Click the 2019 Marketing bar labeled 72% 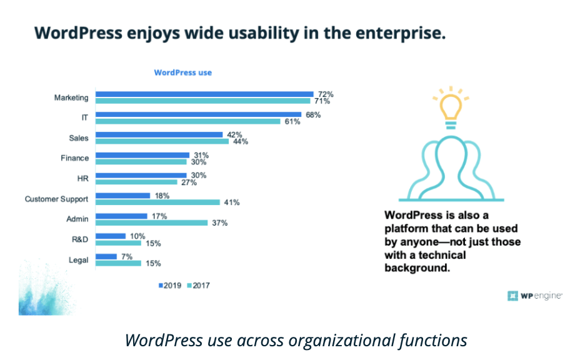(203, 94)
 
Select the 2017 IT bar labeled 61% (187, 121)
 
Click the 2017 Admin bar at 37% (151, 222)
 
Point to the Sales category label (79, 138)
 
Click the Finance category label (74, 158)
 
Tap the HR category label (82, 178)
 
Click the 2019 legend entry (169, 286)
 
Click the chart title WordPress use (182, 72)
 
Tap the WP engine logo (534, 296)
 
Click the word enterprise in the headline (401, 33)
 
